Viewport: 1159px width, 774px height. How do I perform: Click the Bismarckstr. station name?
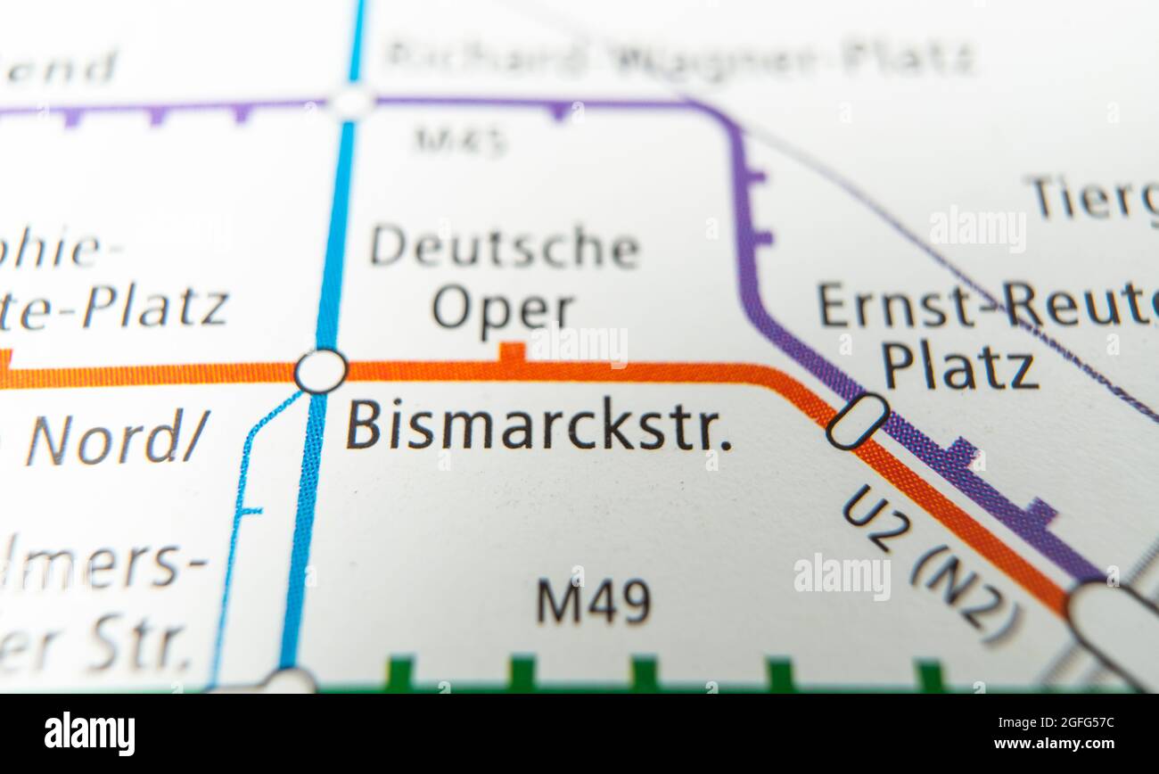538,426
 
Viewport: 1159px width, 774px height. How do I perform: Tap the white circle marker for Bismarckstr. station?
320,371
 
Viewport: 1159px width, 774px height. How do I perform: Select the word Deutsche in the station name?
505,247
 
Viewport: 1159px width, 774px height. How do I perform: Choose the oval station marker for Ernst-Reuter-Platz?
857,421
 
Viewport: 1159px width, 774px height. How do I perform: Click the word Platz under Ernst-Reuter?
960,367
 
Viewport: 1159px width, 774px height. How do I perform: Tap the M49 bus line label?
593,602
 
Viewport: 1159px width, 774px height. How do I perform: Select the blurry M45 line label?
460,139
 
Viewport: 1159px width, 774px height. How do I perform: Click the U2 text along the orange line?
876,517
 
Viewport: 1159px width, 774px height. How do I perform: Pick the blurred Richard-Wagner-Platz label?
679,59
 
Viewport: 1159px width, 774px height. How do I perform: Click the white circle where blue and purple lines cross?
352,102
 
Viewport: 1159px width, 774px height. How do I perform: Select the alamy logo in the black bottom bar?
90,734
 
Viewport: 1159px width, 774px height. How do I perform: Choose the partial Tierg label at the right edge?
1093,198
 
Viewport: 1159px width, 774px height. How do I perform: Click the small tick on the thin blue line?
251,512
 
